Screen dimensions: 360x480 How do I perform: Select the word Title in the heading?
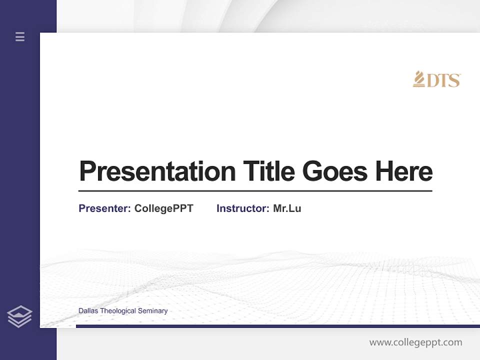(269, 171)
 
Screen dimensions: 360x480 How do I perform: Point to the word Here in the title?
(404, 171)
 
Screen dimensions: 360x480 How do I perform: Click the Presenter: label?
(104, 208)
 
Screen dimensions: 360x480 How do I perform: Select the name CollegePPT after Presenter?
(163, 208)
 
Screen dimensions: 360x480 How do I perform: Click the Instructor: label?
(242, 208)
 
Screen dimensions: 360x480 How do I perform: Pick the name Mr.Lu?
(287, 208)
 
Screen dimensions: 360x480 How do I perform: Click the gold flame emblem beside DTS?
(418, 79)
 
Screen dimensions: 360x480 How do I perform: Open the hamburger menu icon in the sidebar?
(20, 36)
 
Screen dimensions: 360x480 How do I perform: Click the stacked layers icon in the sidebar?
(19, 316)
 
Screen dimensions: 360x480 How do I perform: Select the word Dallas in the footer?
(88, 311)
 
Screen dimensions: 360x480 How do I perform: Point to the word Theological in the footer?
(117, 311)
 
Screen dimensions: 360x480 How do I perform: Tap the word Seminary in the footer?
(152, 311)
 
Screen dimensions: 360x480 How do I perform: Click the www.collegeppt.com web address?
(415, 342)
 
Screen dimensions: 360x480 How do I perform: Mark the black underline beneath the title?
(255, 191)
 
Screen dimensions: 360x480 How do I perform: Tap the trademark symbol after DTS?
(459, 75)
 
